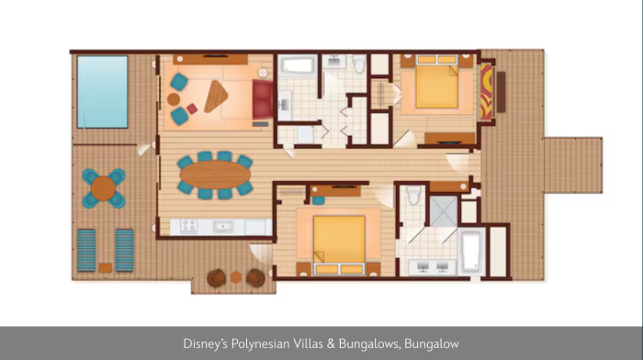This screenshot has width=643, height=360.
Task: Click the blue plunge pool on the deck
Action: pos(103,92)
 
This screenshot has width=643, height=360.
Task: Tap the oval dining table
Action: pos(215,174)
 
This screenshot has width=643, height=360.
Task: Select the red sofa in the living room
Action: pos(263,99)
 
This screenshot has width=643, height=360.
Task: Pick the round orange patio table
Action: pos(103,188)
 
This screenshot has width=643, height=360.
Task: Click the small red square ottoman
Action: pos(192,108)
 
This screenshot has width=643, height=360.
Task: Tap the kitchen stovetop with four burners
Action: pos(188,226)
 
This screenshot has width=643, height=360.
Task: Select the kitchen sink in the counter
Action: pos(222,226)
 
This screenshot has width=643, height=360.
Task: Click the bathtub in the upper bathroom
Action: pos(298,65)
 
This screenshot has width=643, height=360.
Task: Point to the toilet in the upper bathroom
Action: pos(360,63)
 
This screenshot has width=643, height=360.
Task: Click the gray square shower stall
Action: pos(443,211)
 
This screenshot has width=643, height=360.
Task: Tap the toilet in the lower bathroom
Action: pos(414,196)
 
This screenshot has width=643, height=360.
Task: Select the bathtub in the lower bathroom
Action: pos(472,252)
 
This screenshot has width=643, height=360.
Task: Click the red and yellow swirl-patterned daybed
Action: pos(486,92)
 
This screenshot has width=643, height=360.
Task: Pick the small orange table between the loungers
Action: pos(106,267)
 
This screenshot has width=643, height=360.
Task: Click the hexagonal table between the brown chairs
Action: pos(236,277)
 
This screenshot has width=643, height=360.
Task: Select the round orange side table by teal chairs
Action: pos(174,99)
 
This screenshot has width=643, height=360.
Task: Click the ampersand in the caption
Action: pos(331,343)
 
